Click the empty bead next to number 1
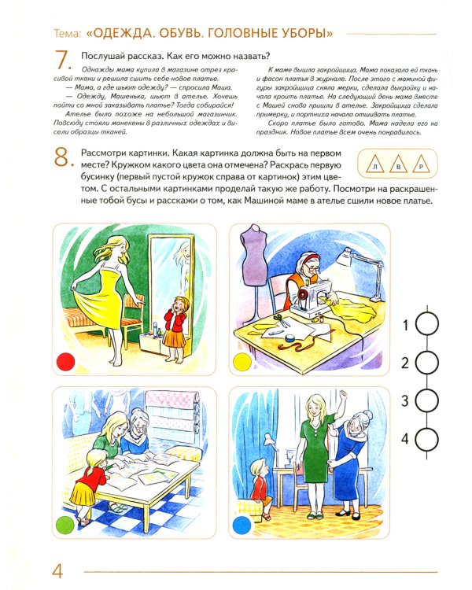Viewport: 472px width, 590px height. click(x=426, y=324)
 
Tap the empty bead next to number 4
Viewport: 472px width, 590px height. click(x=426, y=438)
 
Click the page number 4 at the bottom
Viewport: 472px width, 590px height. click(x=56, y=571)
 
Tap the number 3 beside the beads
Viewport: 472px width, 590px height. click(x=405, y=401)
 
